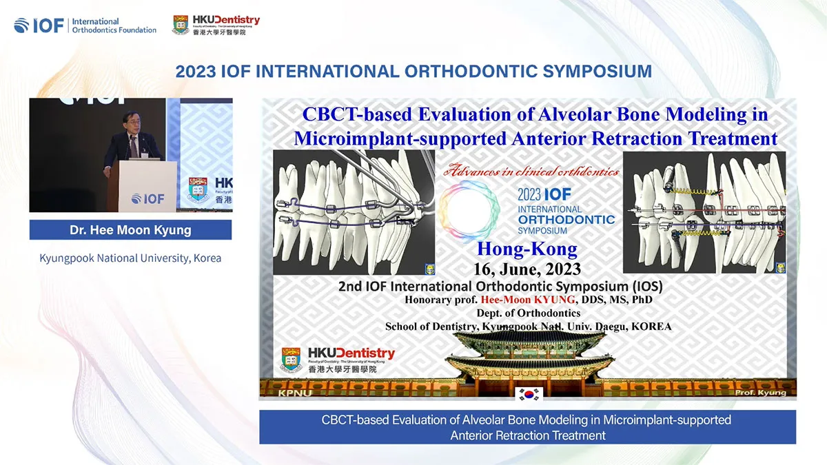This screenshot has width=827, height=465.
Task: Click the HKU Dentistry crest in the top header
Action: pos(181,25)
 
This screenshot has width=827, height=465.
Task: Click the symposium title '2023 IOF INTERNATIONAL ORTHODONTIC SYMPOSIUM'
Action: pos(413,71)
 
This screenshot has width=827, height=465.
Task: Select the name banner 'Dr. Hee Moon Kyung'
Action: pos(130,230)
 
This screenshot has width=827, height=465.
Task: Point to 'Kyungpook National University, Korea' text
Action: pos(130,258)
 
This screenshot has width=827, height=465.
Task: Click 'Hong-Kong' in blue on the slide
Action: pos(527,249)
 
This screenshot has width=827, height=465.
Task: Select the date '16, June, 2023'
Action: pos(527,268)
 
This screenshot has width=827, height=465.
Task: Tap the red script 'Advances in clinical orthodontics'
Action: pos(531,171)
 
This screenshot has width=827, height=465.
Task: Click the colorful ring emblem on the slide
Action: pos(469,211)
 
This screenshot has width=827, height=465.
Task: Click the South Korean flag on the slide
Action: pos(529,394)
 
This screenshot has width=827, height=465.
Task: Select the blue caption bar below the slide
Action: pos(527,427)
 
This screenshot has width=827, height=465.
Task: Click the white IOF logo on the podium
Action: pos(147,198)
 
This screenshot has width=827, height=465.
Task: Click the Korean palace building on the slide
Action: pos(527,358)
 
